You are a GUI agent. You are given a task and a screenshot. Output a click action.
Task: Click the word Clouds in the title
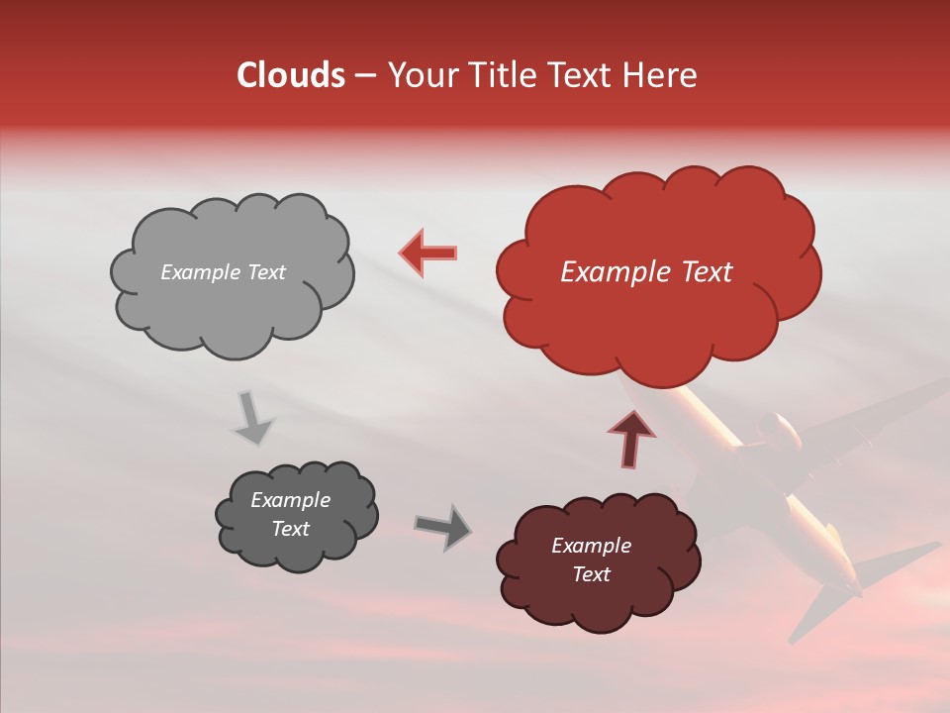pyautogui.click(x=291, y=75)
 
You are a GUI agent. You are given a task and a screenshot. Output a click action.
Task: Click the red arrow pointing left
pyautogui.click(x=428, y=253)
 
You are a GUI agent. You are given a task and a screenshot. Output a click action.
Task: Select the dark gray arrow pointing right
pyautogui.click(x=444, y=527)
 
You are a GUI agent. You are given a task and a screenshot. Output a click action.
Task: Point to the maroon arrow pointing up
pyautogui.click(x=630, y=439)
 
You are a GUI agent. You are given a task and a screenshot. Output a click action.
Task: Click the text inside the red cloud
pyautogui.click(x=646, y=272)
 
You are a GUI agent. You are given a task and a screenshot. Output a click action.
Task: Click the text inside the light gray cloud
pyautogui.click(x=223, y=272)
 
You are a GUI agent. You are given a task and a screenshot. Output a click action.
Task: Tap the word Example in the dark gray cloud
pyautogui.click(x=290, y=500)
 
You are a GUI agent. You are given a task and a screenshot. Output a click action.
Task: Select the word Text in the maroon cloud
pyautogui.click(x=591, y=574)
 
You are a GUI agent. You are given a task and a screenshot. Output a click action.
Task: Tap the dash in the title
pyautogui.click(x=365, y=75)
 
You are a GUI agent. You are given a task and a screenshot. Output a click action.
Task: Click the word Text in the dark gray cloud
pyautogui.click(x=290, y=529)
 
